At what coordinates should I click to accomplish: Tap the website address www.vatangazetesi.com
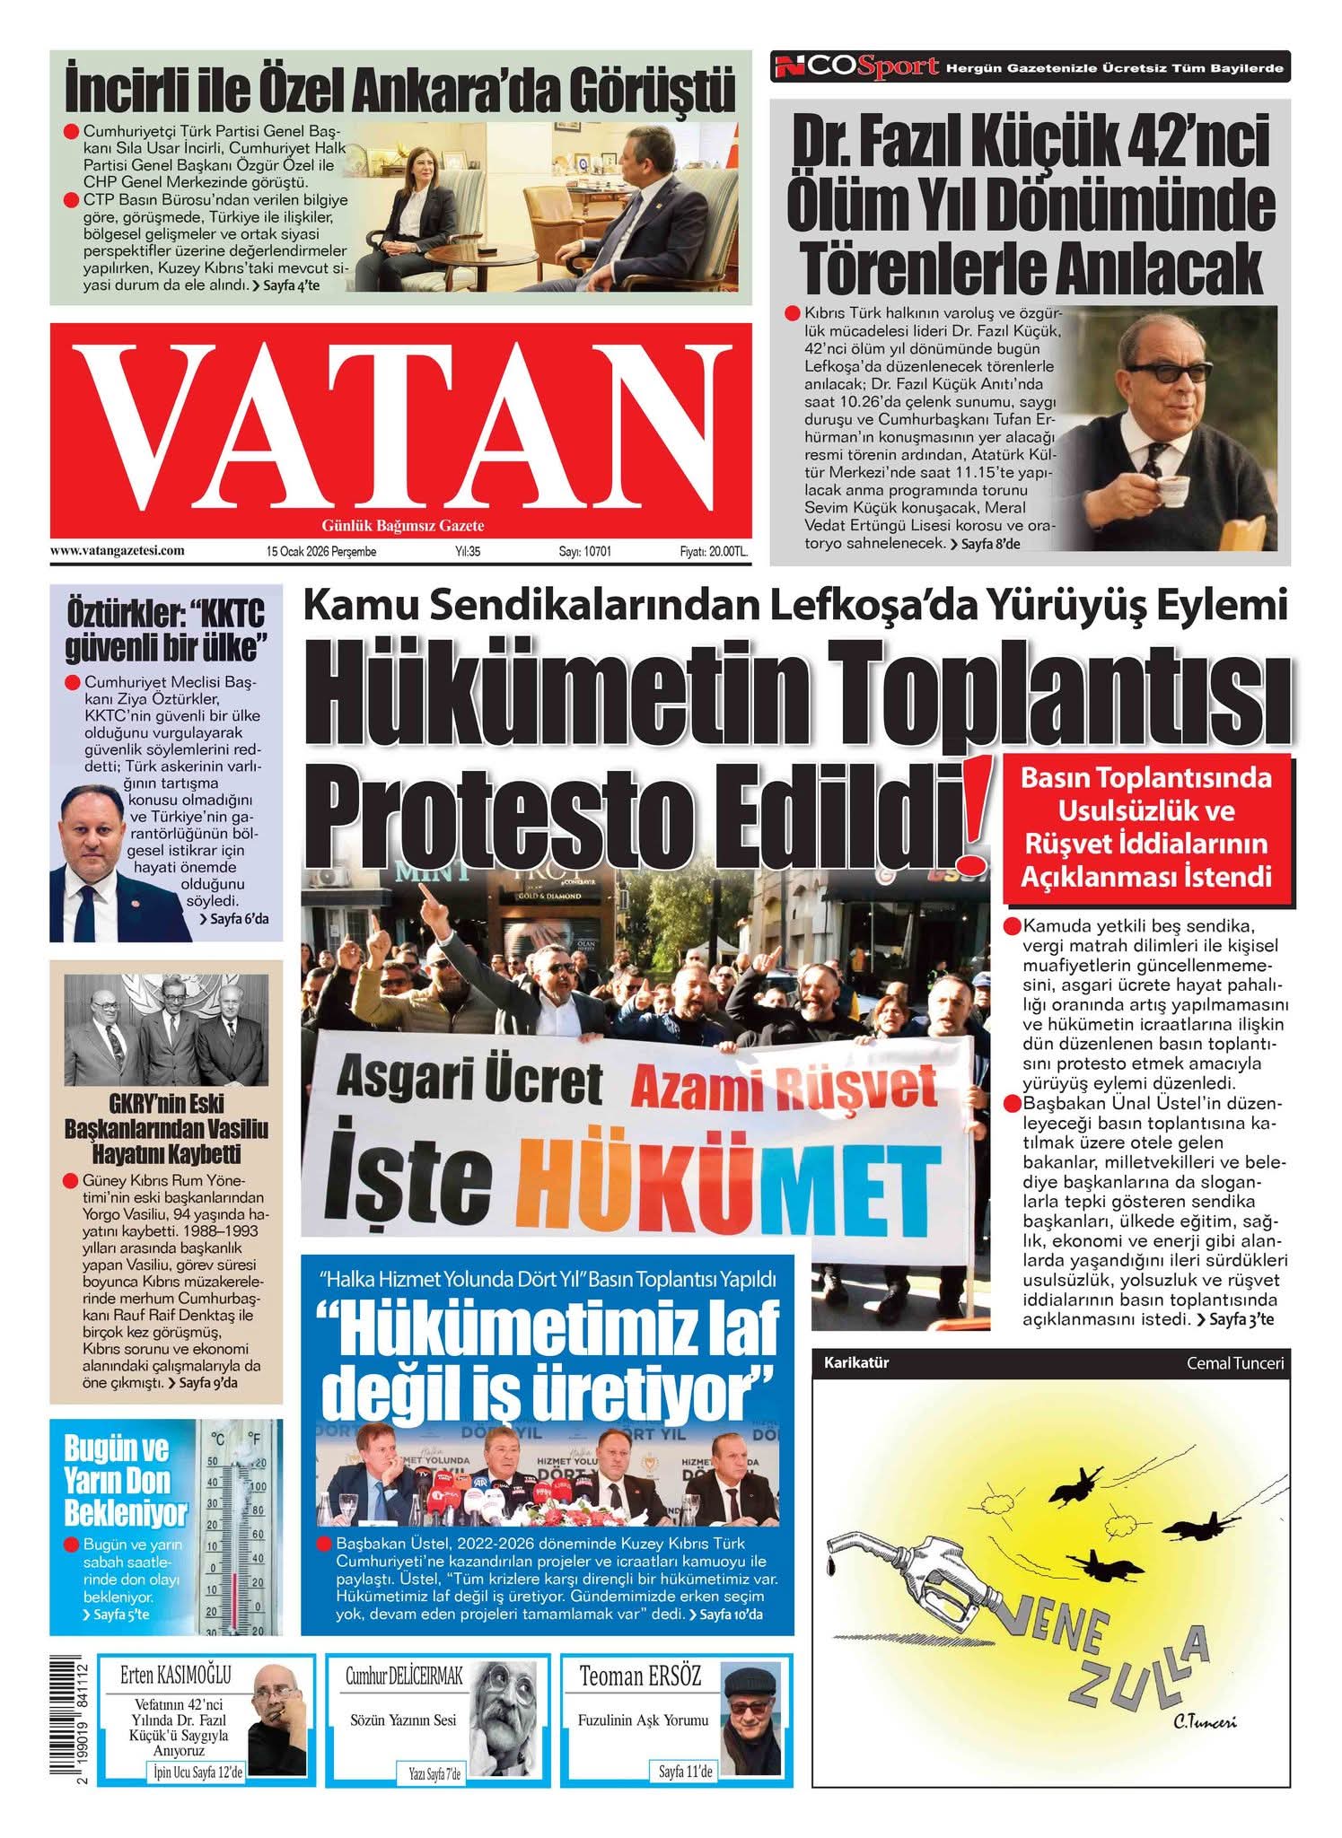click(118, 551)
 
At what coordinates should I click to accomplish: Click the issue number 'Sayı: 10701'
click(584, 552)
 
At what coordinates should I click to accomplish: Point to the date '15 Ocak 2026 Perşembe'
click(320, 552)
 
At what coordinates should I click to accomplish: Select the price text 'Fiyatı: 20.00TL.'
click(713, 552)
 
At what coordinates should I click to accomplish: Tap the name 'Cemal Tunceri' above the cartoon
click(1234, 1363)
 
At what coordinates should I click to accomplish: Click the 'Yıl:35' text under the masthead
click(468, 552)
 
